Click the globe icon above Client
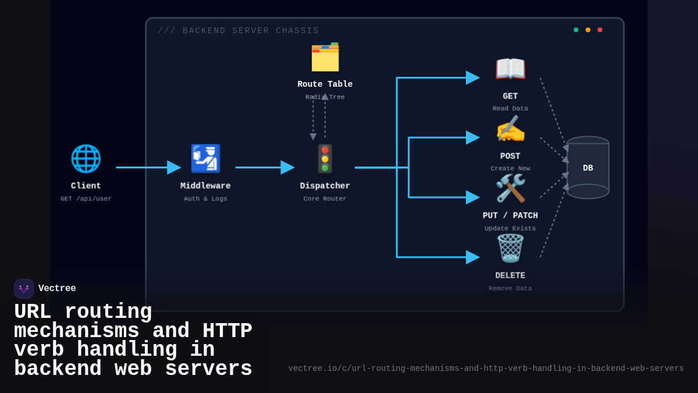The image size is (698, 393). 86,158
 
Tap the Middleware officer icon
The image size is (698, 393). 205,158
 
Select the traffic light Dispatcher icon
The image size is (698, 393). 325,159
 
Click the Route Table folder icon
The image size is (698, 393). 325,57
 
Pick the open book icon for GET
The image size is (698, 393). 510,69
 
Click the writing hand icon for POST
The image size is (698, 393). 510,129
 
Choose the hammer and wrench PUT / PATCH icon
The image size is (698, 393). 510,189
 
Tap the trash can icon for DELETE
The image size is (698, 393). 510,249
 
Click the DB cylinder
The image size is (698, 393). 587,168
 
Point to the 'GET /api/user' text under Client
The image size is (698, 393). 86,199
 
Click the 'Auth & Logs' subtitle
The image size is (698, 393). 205,199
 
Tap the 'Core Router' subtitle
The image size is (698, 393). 325,199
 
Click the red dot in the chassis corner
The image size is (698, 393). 600,30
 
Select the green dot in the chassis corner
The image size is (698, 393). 576,30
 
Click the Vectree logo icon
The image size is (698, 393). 24,289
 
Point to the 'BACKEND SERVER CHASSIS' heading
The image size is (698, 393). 238,31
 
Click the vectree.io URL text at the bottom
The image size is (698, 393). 486,369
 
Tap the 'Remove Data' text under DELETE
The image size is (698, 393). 510,288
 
